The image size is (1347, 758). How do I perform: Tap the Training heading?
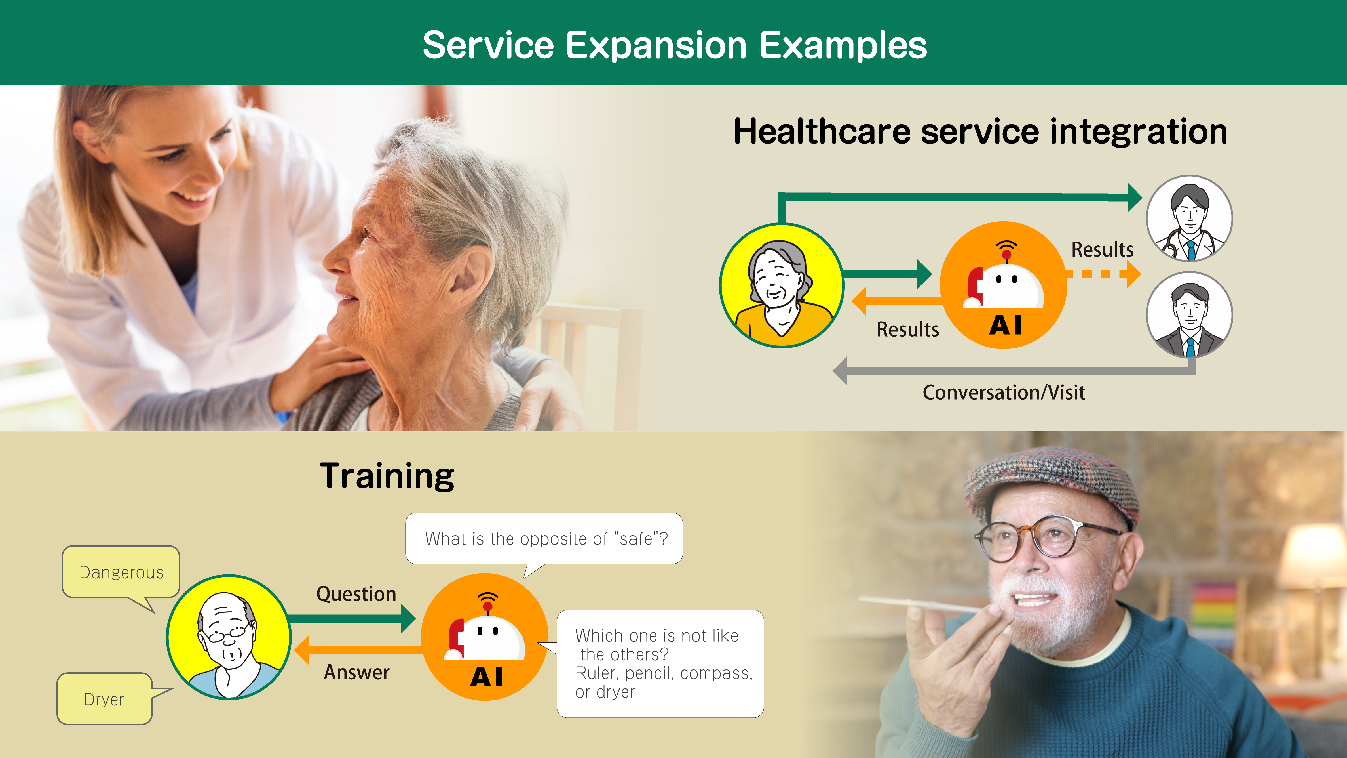click(387, 476)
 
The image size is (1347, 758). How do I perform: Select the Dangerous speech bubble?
click(121, 572)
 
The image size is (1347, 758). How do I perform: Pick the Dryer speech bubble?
click(104, 699)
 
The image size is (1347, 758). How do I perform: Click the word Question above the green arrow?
click(356, 594)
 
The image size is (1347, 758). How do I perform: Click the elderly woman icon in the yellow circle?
click(781, 285)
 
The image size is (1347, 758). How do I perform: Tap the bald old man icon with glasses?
click(229, 637)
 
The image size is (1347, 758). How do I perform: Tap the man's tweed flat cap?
click(1051, 484)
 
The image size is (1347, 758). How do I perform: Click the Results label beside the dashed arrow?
click(1102, 249)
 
